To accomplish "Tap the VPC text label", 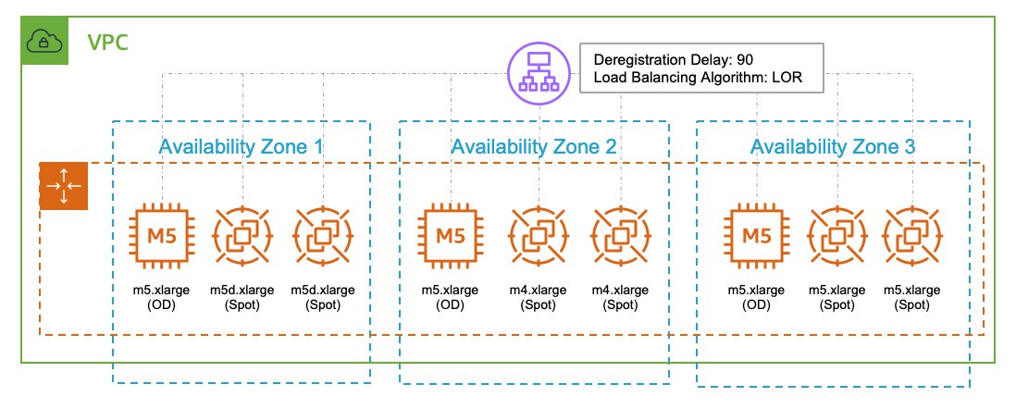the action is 107,43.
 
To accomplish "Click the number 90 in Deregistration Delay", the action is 745,60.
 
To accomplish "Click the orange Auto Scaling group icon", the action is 64,186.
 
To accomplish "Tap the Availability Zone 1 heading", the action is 241,146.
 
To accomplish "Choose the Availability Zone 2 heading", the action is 533,146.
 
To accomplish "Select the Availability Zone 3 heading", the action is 833,147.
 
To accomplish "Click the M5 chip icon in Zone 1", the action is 159,236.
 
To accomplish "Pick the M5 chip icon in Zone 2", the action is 451,236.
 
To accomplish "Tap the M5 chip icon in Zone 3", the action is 756,236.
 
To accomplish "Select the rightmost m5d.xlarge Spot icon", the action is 323,236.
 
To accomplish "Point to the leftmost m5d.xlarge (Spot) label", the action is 242,297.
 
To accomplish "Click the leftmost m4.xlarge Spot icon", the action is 538,236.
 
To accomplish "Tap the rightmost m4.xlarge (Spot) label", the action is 620,297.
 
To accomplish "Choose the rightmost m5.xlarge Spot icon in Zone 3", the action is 912,236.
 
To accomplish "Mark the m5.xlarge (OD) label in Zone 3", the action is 756,297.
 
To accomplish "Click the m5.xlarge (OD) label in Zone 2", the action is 451,297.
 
